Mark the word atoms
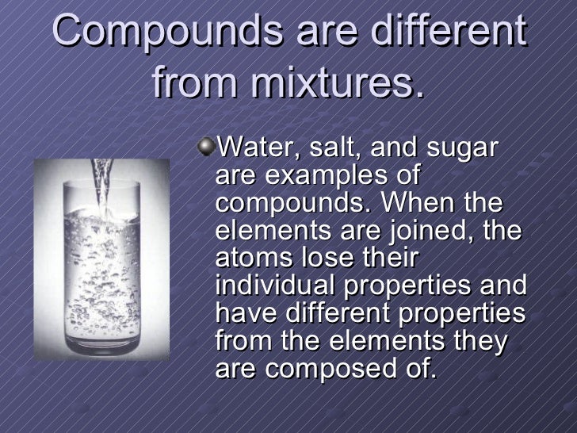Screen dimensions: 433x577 tap(247, 259)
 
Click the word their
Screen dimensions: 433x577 tap(390, 259)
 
